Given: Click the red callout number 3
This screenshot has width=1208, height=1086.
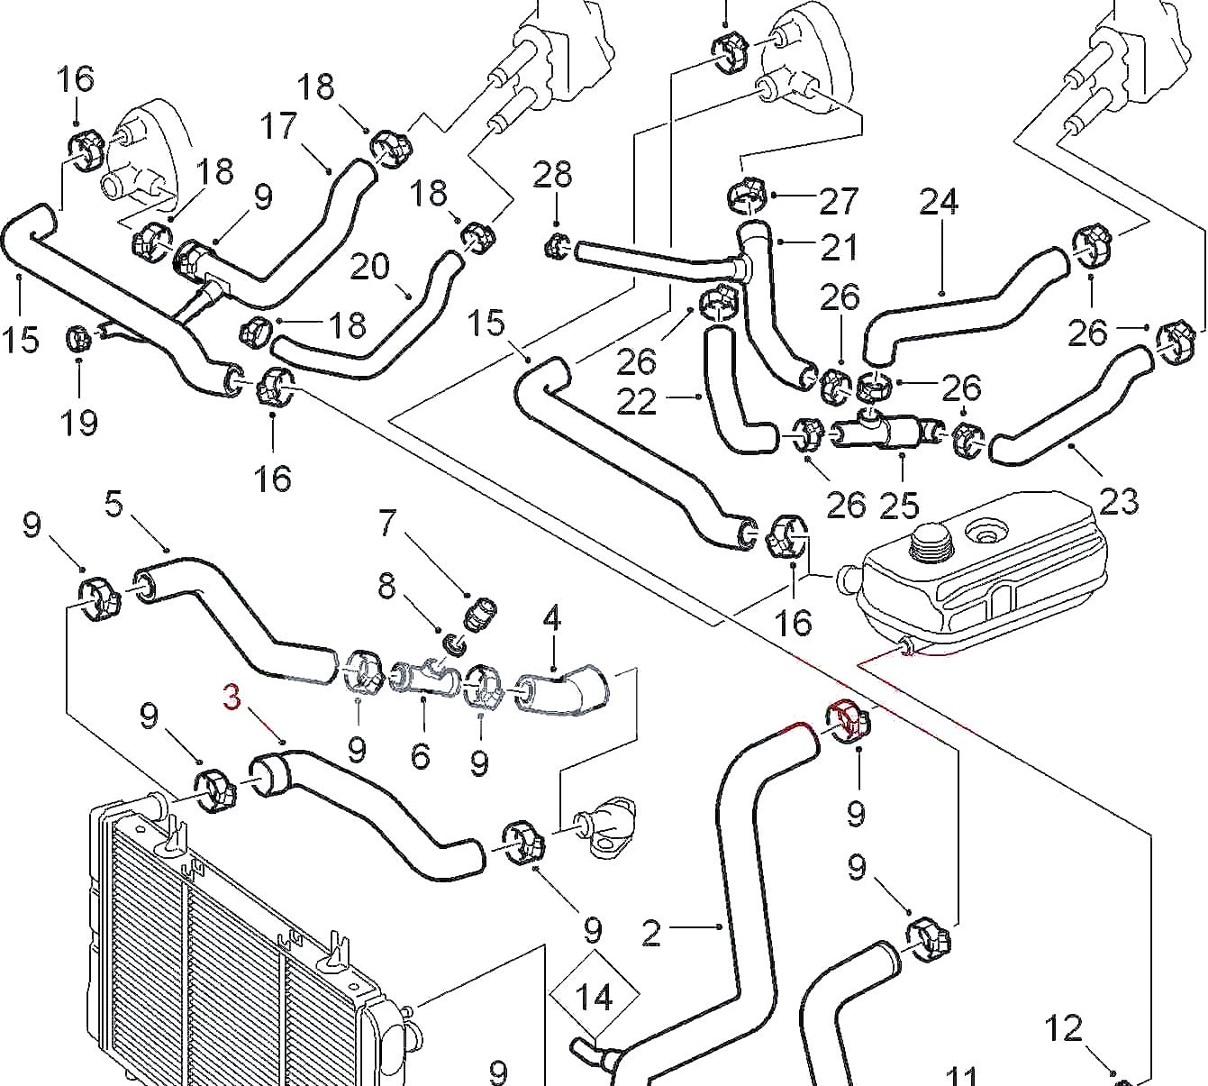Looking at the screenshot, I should point(232,698).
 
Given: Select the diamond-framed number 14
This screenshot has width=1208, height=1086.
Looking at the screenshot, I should point(594,998).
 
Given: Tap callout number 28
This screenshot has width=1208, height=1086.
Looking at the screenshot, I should point(552,175).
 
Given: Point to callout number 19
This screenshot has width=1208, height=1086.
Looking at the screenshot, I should point(79,421).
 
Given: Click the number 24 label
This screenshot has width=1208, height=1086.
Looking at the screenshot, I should point(939,203).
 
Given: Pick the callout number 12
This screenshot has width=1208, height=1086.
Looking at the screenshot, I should point(1064,1027).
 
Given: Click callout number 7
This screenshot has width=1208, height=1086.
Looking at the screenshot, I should point(387,523).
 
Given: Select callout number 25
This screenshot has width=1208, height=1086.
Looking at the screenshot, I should point(899,506).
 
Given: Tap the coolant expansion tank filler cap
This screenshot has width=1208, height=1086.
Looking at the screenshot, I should point(928,542).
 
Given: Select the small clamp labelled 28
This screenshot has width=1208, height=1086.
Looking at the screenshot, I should point(559,244).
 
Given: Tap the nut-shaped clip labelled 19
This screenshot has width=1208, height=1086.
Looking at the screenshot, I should point(78,339).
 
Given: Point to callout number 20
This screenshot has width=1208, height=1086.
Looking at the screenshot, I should point(369,266).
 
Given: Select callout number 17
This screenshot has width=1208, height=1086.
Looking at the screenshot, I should point(279,126).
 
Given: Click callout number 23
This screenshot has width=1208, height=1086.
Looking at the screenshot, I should point(1119,500).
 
